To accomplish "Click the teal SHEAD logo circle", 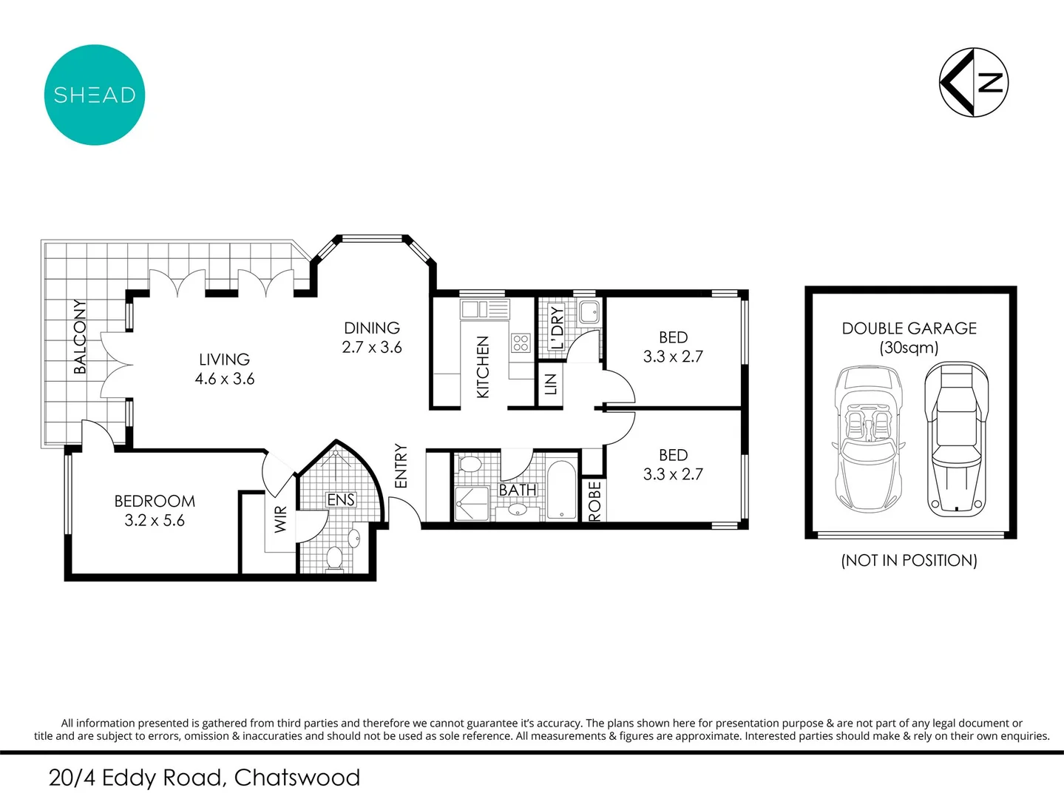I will coord(95,95).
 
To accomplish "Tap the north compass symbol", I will coord(974,82).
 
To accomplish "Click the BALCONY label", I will coord(80,337).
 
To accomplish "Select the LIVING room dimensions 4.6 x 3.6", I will coord(225,379).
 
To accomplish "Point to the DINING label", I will coord(372,328).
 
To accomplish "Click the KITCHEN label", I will coord(483,367).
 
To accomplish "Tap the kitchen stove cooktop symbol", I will coord(521,343).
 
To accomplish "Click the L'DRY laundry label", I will coord(557,327).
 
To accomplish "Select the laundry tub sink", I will coord(589,312).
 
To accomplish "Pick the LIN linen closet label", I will coord(550,384).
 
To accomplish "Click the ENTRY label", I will coord(401,465).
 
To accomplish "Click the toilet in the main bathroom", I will coord(470,465).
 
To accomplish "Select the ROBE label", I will coord(594,501).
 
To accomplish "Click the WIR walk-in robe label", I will coord(280,519).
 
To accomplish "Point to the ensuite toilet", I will coord(335,559).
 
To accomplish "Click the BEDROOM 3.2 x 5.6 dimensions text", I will coord(155,521).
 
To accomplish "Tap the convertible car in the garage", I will coord(868,440).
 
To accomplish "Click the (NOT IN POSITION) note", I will coord(909,560).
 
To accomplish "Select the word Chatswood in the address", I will coord(297,778).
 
